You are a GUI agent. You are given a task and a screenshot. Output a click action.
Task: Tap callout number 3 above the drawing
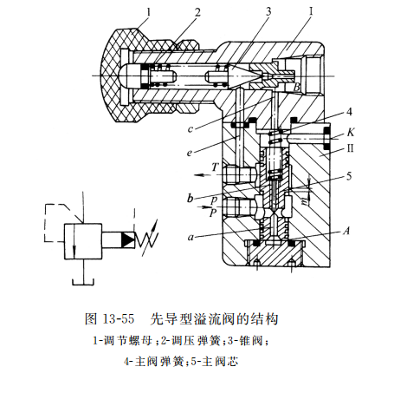coord(268,11)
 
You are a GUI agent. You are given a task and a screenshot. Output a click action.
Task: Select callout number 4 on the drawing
coord(347,111)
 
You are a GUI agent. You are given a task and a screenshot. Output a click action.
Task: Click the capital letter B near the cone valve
coord(297,88)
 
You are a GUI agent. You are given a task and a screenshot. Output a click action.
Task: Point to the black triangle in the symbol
coord(126,238)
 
